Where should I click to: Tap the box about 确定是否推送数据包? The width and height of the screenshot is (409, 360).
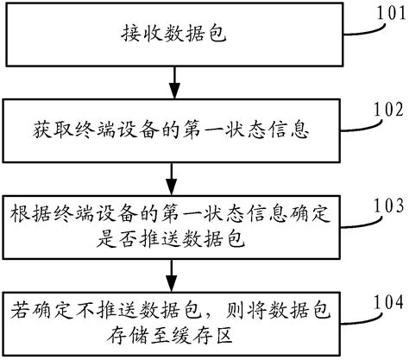(176, 224)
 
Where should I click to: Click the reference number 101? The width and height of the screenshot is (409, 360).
(387, 13)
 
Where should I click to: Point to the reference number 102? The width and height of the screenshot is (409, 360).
(387, 110)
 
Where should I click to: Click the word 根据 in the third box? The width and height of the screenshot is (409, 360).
(24, 212)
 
